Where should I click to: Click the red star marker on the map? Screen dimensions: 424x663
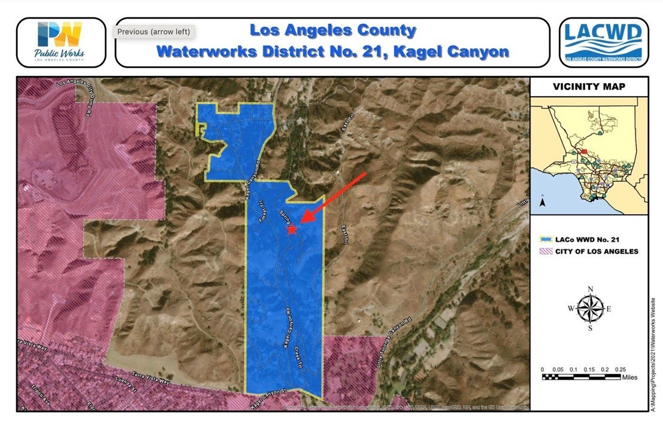coord(292,230)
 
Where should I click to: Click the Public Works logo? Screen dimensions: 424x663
coord(60,42)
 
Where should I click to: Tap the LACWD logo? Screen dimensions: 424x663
coord(604,42)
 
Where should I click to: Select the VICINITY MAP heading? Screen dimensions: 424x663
coord(589,87)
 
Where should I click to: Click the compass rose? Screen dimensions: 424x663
coord(590,309)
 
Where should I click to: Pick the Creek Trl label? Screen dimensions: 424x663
coord(299,360)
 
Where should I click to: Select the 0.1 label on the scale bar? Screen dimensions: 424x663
coord(573,370)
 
